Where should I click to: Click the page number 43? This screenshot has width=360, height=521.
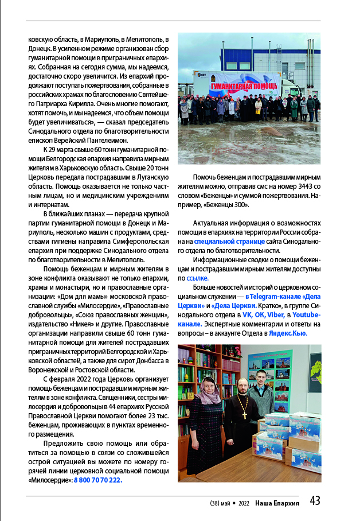pos(315,501)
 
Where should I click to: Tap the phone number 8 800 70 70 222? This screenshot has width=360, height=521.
pos(97,480)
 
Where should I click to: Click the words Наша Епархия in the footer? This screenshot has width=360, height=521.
pos(277,503)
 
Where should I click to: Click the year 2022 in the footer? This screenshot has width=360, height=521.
pos(244,503)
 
